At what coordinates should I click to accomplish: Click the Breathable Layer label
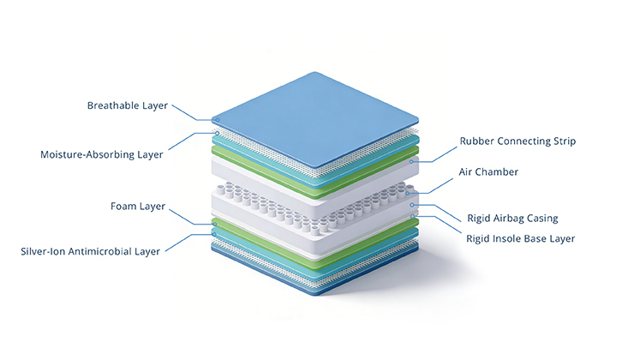(127, 105)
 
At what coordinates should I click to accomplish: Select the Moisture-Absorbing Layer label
(101, 154)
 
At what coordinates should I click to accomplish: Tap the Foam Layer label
(137, 206)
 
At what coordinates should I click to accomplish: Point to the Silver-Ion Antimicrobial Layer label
(91, 251)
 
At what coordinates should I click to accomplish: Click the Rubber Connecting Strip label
(517, 140)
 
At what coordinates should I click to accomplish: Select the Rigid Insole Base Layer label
(521, 237)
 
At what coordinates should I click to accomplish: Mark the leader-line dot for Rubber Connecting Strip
(413, 160)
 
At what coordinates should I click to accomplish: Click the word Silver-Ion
(44, 251)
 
